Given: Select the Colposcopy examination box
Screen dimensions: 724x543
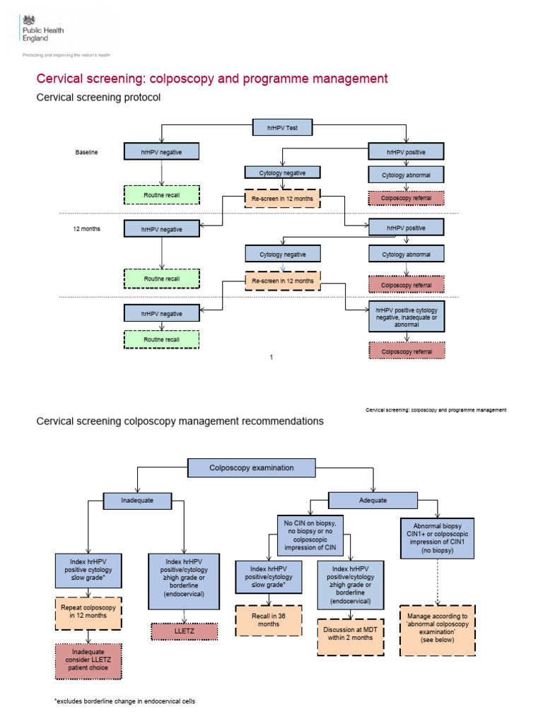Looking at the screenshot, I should click(x=251, y=467).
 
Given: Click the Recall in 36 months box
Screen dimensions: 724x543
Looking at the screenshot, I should click(x=268, y=620).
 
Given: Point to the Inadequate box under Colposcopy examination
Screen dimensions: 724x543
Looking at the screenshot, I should click(x=138, y=501).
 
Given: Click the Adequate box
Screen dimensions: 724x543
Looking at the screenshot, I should click(x=373, y=501).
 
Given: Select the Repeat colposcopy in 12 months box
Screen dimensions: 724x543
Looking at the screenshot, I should click(x=88, y=611).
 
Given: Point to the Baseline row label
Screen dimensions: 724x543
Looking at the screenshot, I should click(x=87, y=152).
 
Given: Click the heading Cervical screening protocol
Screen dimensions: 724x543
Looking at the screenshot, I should click(x=98, y=98).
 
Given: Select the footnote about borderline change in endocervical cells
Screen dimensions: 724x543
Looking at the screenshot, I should click(x=124, y=701).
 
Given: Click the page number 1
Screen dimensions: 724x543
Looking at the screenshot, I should click(x=271, y=358).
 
